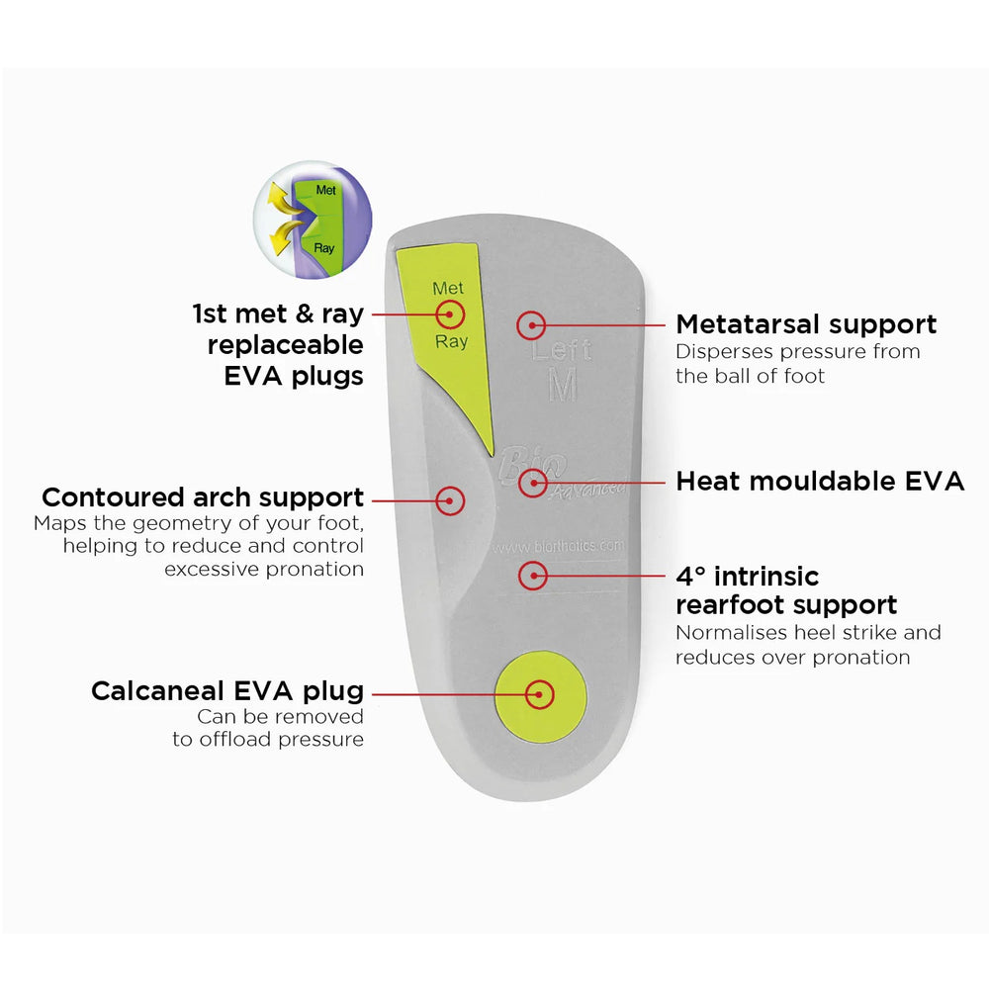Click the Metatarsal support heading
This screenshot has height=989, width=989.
click(806, 323)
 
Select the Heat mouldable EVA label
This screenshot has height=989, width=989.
click(820, 482)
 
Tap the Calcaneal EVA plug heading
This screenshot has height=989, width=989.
click(227, 690)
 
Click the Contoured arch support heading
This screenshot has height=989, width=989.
click(203, 496)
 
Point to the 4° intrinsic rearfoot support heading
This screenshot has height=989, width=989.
click(786, 590)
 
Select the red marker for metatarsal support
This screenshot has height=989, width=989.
click(532, 323)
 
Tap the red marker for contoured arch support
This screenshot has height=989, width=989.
click(450, 499)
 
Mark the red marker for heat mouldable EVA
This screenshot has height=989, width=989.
click(533, 482)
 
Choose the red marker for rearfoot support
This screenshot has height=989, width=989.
click(533, 575)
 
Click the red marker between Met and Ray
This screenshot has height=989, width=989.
click(450, 315)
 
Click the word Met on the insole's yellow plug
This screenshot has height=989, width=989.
click(449, 289)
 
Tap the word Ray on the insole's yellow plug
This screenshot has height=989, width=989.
click(452, 342)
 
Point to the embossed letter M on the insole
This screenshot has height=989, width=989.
click(562, 386)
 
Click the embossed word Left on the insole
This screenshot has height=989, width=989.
click(563, 351)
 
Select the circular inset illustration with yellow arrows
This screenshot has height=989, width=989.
click(313, 220)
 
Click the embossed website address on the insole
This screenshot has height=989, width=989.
click(559, 546)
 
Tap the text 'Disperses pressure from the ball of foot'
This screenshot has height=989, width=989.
click(798, 364)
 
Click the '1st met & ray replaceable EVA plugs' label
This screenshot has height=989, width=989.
click(278, 344)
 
